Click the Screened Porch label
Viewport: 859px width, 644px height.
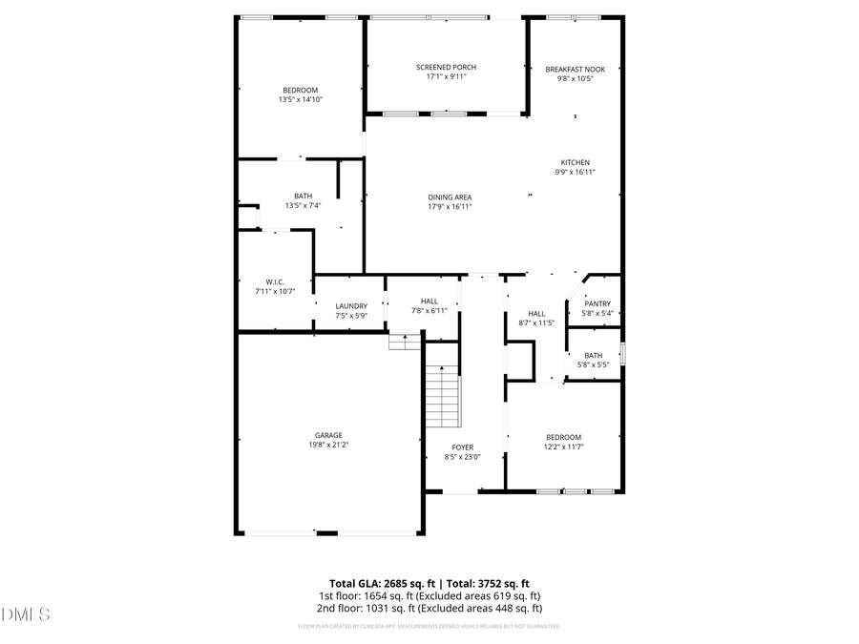point(446,67)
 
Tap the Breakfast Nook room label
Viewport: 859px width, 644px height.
point(575,69)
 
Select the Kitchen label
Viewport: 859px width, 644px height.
point(575,162)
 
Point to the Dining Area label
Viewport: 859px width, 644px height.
point(450,197)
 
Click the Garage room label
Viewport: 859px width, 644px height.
point(328,435)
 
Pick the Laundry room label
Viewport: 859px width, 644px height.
point(351,306)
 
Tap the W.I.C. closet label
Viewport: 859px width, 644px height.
point(275,281)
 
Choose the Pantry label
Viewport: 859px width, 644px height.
point(597,303)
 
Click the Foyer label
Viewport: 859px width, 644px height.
point(462,447)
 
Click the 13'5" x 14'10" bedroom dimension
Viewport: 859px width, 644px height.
point(300,99)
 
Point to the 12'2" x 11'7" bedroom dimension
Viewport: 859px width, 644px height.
point(563,447)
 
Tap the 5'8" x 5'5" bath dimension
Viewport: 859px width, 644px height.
point(594,364)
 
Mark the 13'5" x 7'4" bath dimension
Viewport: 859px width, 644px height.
point(303,205)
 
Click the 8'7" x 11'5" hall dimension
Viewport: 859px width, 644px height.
point(536,322)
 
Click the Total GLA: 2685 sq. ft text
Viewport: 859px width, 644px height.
point(378,583)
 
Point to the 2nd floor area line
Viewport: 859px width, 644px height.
point(429,608)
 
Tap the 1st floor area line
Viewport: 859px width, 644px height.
point(429,595)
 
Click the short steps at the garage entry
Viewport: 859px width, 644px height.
point(405,341)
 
